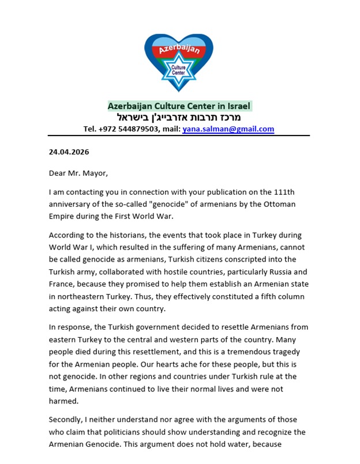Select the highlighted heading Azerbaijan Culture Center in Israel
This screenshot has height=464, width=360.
[179, 106]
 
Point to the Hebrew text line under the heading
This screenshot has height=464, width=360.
[179, 118]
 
